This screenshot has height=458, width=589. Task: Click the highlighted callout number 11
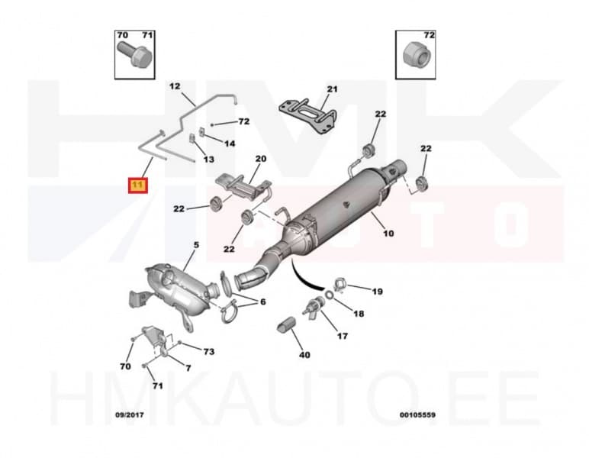[x=138, y=185]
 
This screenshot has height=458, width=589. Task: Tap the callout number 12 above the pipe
[x=175, y=86]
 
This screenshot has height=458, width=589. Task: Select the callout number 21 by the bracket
[x=332, y=89]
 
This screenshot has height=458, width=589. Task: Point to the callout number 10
[x=388, y=234]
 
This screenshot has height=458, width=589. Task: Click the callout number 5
[x=196, y=245]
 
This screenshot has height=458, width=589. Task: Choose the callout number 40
[x=304, y=355]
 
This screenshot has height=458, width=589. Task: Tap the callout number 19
[x=377, y=291]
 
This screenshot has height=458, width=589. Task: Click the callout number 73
[x=209, y=351]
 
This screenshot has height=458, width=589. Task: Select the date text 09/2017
[x=129, y=414]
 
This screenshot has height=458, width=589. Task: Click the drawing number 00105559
[x=417, y=414]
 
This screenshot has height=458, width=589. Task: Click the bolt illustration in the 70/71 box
[x=134, y=54]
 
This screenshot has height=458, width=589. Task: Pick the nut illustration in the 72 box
[x=416, y=55]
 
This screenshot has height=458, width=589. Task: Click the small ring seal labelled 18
[x=329, y=295]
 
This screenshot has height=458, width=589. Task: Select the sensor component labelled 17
[x=314, y=308]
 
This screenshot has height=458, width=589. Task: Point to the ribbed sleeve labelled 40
[x=286, y=324]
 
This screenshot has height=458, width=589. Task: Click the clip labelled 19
[x=340, y=284]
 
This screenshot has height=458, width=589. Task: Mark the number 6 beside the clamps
[x=262, y=302]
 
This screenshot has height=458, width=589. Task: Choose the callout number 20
[x=260, y=159]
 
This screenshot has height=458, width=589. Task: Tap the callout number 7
[x=188, y=368]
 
